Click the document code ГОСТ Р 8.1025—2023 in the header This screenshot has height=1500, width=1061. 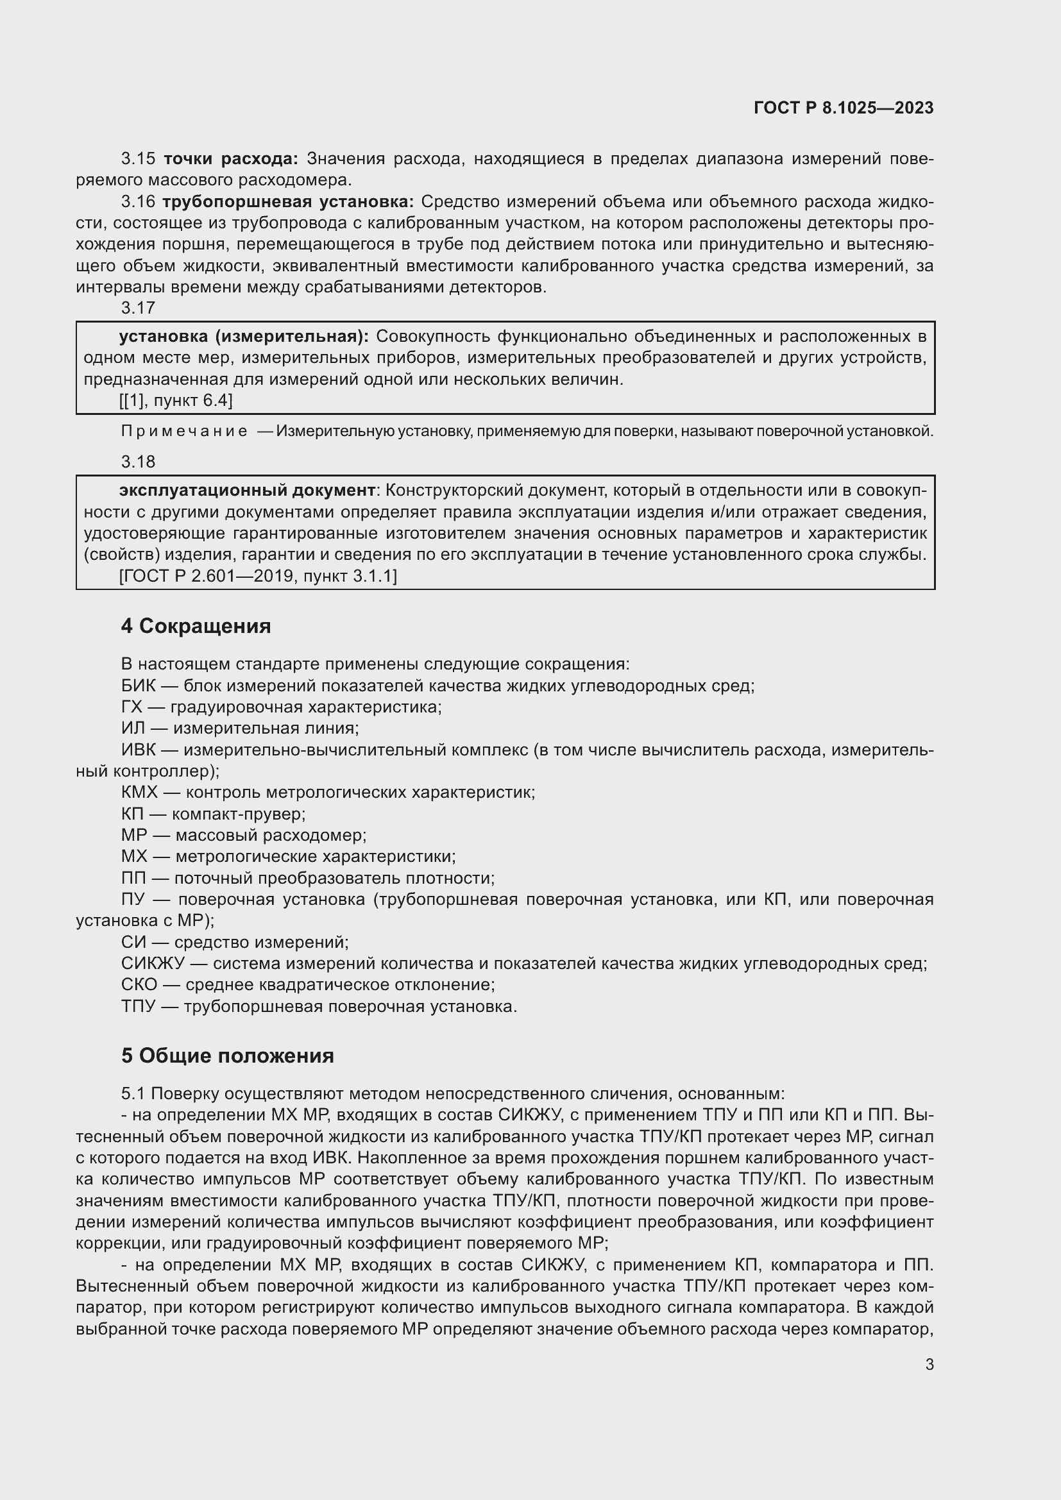[x=844, y=108]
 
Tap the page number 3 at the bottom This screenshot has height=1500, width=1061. [x=929, y=1364]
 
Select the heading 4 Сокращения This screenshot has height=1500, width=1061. [x=196, y=626]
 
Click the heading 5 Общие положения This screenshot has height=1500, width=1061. [x=227, y=1056]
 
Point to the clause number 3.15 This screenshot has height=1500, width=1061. [x=138, y=159]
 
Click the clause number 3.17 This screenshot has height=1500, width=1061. [x=138, y=307]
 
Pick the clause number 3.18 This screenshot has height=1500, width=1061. [x=138, y=462]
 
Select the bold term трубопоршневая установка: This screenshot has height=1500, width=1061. [x=288, y=202]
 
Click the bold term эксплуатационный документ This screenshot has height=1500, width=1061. [x=247, y=490]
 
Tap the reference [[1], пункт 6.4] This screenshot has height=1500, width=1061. [x=176, y=400]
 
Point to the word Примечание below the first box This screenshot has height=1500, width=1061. [x=184, y=431]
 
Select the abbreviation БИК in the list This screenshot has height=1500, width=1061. [x=138, y=686]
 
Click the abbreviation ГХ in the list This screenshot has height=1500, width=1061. [x=132, y=707]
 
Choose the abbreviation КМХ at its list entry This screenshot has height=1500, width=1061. [x=139, y=793]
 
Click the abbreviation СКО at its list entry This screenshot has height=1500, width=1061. [x=139, y=984]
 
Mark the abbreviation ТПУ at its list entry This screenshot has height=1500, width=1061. [x=138, y=1006]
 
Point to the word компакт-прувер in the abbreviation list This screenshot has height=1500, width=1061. [x=238, y=814]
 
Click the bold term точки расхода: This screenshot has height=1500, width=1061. [x=231, y=159]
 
